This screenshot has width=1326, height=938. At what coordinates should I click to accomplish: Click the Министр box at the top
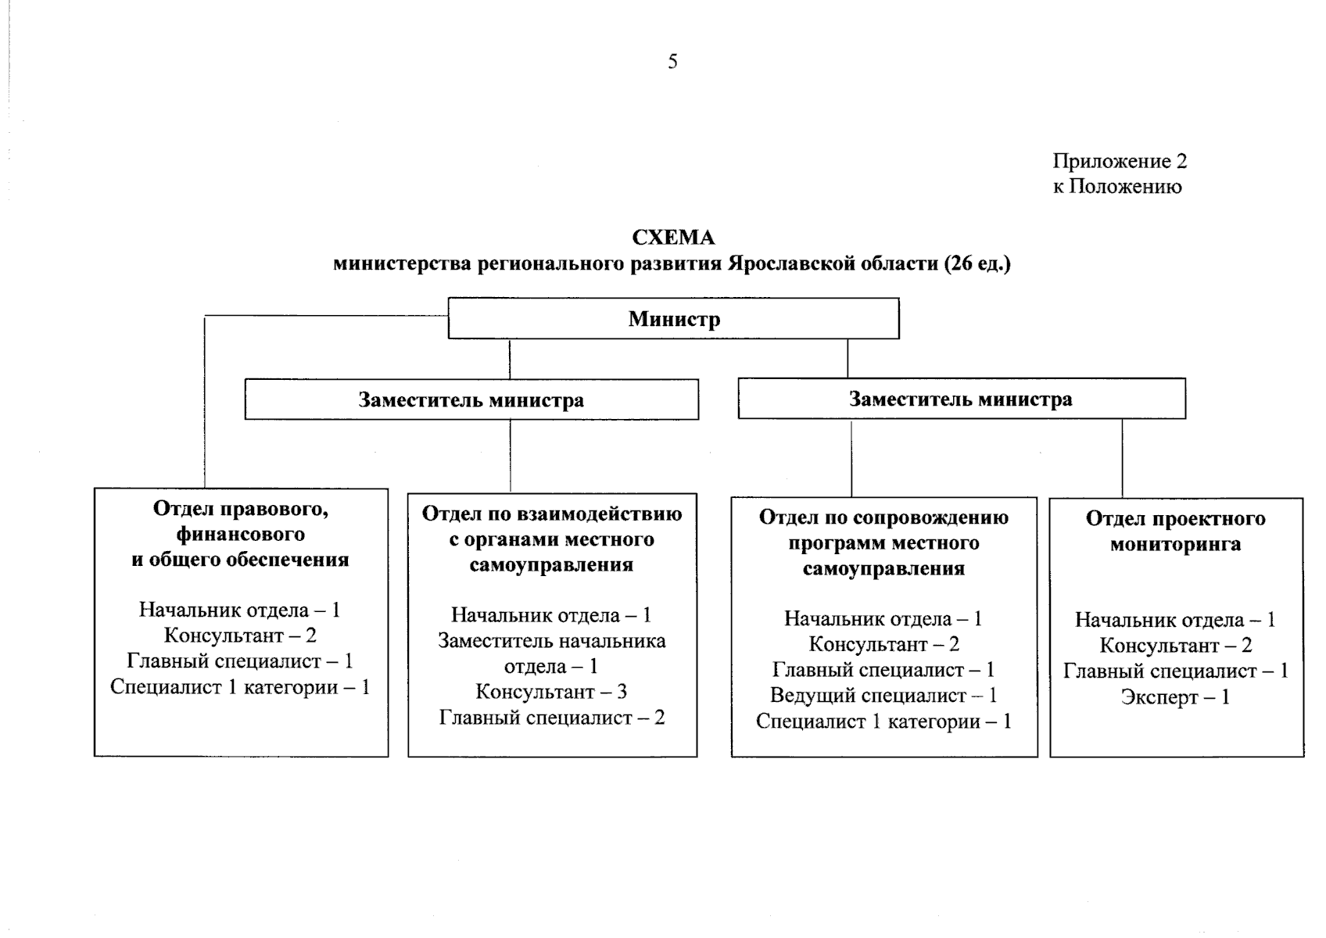[x=674, y=318]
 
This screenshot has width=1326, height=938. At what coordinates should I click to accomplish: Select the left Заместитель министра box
[x=471, y=399]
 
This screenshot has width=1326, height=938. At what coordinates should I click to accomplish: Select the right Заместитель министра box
[x=962, y=399]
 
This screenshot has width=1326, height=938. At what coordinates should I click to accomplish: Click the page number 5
[x=672, y=62]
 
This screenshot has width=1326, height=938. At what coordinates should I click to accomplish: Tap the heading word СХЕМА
[x=674, y=238]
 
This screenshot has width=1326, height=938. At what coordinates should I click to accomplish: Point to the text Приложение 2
[x=1120, y=161]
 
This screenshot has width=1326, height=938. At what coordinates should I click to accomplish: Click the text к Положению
[x=1117, y=186]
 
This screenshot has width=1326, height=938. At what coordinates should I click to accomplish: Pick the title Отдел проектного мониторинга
[x=1176, y=531]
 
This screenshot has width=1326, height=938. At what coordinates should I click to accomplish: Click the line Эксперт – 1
[x=1176, y=696]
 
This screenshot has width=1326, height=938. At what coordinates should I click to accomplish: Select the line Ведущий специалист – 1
[x=883, y=695]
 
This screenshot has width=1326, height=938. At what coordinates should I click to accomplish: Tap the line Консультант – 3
[x=551, y=691]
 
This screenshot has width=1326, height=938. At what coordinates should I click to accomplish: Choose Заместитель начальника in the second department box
[x=552, y=640]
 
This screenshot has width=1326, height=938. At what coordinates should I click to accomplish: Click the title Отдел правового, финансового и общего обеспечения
[x=240, y=534]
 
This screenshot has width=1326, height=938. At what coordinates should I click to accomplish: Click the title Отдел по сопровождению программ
[x=883, y=530]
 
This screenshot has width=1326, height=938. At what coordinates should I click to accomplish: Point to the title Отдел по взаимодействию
[x=552, y=513]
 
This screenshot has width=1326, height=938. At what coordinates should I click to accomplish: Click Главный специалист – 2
[x=552, y=718]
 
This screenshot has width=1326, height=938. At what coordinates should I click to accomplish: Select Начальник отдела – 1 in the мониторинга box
[x=1176, y=620]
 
